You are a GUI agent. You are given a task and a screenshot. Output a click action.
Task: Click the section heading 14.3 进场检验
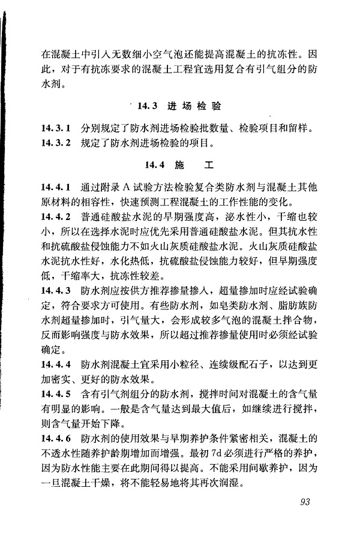point(179,107)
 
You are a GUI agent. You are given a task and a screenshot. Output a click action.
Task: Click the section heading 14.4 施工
point(179,164)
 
